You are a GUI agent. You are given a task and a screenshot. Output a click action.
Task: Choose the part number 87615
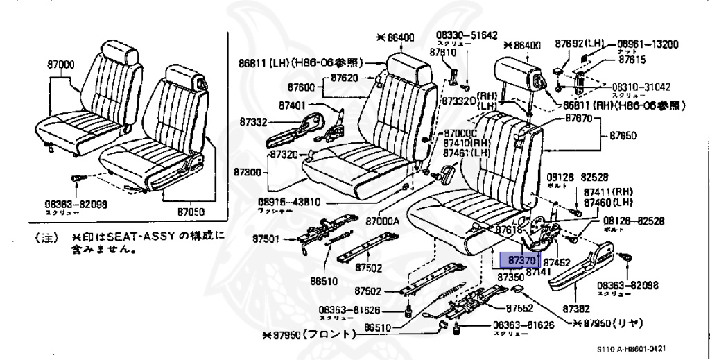click(x=632, y=60)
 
